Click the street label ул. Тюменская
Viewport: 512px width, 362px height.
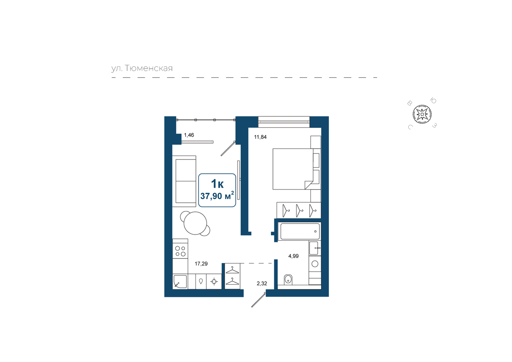[x=142, y=68]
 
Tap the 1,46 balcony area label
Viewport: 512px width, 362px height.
[x=189, y=135]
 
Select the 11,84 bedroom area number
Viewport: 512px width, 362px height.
[x=260, y=137]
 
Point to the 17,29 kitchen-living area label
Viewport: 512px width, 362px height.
[x=201, y=264]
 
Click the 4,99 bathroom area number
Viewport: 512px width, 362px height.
[x=294, y=256]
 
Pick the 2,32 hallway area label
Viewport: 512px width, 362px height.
[x=262, y=283]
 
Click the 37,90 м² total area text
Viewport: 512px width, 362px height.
[x=217, y=196]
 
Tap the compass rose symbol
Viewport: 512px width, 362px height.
[x=422, y=114]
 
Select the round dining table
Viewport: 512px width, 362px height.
[x=195, y=223]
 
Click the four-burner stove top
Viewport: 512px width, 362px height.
[x=181, y=251]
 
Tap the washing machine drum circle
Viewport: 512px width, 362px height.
[x=315, y=264]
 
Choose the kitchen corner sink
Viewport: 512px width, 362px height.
[x=180, y=281]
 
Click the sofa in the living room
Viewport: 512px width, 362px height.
[x=184, y=181]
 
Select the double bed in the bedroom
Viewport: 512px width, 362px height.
[x=297, y=169]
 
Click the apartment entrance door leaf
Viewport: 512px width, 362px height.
[x=258, y=300]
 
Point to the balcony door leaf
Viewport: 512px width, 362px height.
[x=228, y=149]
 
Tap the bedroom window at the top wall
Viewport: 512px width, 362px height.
[x=284, y=122]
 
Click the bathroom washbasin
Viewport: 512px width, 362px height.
[x=315, y=248]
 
